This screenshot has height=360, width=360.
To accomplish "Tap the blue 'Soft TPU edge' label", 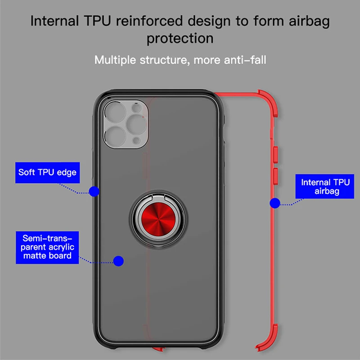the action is [x=47, y=172].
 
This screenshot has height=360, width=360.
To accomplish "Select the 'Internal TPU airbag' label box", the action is [x=322, y=187].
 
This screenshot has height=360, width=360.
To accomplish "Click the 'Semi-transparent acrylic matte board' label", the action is [x=47, y=246].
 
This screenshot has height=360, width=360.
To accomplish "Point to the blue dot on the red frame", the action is [x=274, y=203].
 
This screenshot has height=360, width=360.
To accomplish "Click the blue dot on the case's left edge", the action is [x=94, y=191].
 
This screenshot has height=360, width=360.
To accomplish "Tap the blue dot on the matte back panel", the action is [x=119, y=260].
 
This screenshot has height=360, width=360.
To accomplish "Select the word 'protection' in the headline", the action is [x=180, y=38].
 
